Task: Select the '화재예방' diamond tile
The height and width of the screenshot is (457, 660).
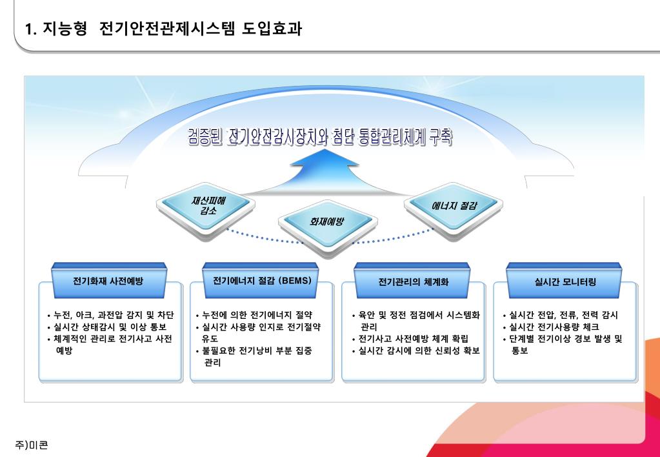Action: click(326, 221)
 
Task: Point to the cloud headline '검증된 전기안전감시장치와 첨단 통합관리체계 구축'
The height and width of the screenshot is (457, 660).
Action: click(320, 137)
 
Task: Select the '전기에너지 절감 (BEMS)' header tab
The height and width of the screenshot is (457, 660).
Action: click(262, 281)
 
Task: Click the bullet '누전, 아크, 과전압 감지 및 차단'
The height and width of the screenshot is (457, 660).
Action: click(110, 316)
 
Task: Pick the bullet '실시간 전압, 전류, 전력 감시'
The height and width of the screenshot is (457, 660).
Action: click(560, 316)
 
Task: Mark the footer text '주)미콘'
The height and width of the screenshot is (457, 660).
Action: click(31, 445)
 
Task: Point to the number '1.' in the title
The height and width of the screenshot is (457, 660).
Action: click(30, 30)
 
